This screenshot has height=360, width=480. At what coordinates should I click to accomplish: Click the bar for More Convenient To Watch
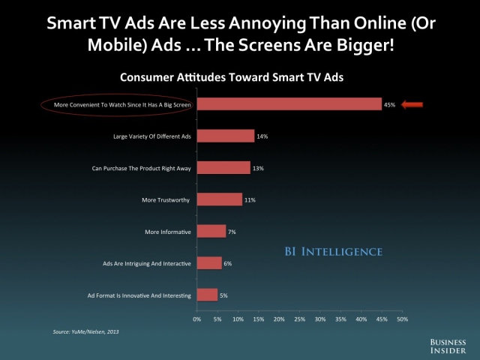tap(289, 104)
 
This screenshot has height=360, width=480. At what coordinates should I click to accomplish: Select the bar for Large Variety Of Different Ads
tap(226, 136)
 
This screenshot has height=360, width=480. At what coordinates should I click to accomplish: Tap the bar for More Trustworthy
tap(220, 199)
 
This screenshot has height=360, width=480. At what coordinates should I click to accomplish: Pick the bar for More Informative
tap(211, 231)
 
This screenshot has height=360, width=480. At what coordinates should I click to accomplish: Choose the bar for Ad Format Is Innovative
tap(207, 295)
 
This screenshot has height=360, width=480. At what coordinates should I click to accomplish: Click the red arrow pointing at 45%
tap(412, 105)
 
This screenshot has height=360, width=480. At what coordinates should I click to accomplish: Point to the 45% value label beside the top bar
tap(389, 105)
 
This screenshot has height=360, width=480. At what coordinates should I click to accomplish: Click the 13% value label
tap(258, 168)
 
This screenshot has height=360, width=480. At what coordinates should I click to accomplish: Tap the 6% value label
tap(228, 263)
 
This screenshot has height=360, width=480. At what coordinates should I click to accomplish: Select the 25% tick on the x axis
tap(300, 319)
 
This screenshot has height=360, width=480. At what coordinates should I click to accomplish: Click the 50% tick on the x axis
tap(403, 319)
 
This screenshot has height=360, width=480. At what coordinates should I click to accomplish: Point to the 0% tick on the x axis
tap(197, 319)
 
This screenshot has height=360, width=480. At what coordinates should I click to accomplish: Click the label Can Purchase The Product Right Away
tap(142, 168)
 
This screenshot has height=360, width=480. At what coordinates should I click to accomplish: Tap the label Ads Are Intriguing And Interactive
tap(147, 263)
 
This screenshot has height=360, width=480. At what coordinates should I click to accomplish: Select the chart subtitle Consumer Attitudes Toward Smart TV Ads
tap(232, 77)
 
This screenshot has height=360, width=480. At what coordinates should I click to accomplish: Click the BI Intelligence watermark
tap(334, 252)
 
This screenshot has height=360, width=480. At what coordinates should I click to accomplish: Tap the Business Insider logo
tap(448, 346)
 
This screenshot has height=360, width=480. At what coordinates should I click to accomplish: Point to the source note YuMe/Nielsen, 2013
tap(85, 331)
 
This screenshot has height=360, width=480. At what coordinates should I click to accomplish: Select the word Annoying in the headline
tap(267, 23)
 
